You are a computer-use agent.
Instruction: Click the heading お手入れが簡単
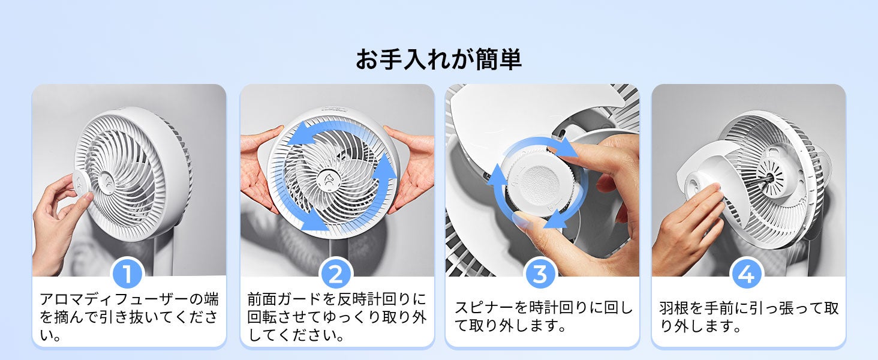coord(438,59)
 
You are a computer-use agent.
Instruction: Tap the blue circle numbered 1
coord(127,274)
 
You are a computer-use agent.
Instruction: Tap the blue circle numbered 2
coord(336,274)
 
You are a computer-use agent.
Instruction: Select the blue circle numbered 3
coord(540,274)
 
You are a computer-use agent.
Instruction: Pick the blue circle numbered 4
coord(746,274)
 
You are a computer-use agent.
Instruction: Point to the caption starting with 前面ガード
coord(337,317)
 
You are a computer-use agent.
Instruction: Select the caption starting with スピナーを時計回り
coord(544,316)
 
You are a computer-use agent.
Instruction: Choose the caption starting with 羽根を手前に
coord(748,316)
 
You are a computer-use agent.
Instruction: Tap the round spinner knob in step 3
coord(539,182)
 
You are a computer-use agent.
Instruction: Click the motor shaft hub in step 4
coord(770,178)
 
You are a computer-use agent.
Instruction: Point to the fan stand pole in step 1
coord(164,255)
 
